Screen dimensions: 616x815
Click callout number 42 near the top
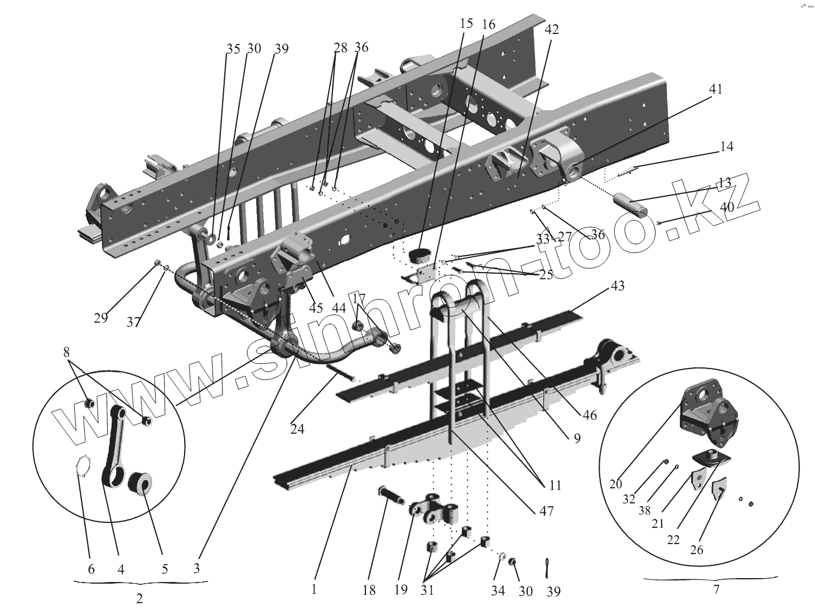(x=551, y=30)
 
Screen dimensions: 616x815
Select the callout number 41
(x=716, y=89)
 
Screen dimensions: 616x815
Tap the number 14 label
(x=726, y=147)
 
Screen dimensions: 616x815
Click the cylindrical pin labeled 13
(x=630, y=204)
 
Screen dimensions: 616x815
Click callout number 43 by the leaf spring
(x=617, y=286)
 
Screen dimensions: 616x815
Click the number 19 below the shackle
(x=401, y=590)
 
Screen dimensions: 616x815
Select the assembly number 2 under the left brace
(x=139, y=599)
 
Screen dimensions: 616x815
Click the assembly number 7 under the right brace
(x=716, y=589)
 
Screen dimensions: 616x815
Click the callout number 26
(x=696, y=550)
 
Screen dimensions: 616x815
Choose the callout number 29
(x=101, y=318)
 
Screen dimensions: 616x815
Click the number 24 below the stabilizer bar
(x=297, y=430)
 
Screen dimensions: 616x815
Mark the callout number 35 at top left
(x=233, y=49)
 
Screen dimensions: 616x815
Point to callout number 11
(x=554, y=486)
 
